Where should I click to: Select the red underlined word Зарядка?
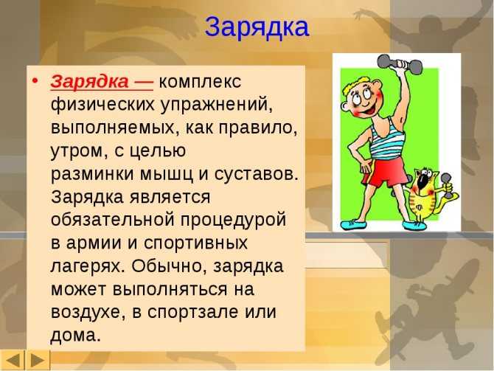pos(89,82)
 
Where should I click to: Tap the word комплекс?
pos(200,82)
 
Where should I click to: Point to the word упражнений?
pos(216,104)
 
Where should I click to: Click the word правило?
pos(257,128)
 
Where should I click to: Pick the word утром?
pos(77,151)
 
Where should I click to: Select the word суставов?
pos(256,174)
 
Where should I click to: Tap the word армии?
pos(94,243)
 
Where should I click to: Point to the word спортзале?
pos(192,313)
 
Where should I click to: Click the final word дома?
pos(76,335)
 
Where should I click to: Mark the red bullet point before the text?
pos(35,81)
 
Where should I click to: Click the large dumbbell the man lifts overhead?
pos(400,65)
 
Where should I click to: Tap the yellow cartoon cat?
pos(428,195)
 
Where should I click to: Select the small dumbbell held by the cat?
pos(446,186)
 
